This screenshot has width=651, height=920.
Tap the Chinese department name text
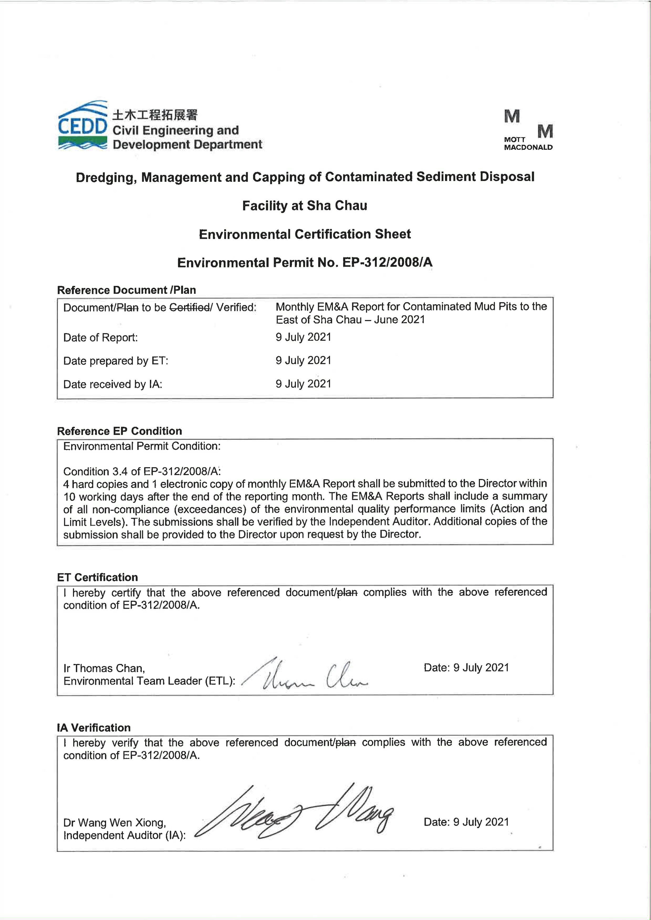(x=155, y=115)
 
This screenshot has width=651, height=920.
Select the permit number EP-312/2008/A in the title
(x=387, y=262)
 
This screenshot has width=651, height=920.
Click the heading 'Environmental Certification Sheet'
(x=305, y=234)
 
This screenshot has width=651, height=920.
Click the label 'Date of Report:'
(x=100, y=337)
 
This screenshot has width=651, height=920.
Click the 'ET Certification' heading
(x=98, y=577)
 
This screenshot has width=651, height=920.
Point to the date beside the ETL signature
(x=466, y=668)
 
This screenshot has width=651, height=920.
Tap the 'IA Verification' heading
(x=94, y=727)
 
